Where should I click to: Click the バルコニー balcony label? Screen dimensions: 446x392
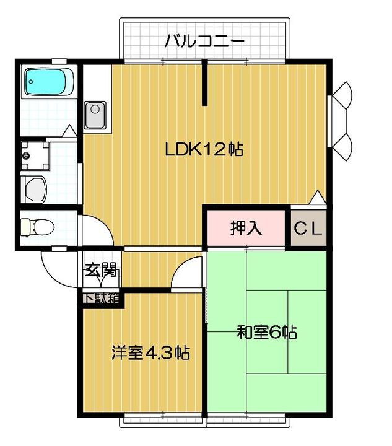pyautogui.click(x=204, y=42)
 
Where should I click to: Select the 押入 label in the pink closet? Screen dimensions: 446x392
pyautogui.click(x=246, y=228)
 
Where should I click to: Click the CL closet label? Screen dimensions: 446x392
pyautogui.click(x=308, y=229)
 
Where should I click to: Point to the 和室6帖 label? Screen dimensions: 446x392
pyautogui.click(x=267, y=333)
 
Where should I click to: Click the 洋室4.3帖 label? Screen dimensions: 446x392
pyautogui.click(x=150, y=353)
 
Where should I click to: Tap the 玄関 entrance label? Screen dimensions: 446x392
pyautogui.click(x=100, y=270)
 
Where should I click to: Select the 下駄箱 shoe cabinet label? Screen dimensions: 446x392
pyautogui.click(x=100, y=298)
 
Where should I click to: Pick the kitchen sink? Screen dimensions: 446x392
pyautogui.click(x=95, y=114)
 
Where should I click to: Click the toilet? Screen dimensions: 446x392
pyautogui.click(x=37, y=226)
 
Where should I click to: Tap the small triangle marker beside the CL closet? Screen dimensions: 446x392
pyautogui.click(x=316, y=198)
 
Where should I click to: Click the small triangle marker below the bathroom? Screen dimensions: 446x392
pyautogui.click(x=69, y=131)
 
